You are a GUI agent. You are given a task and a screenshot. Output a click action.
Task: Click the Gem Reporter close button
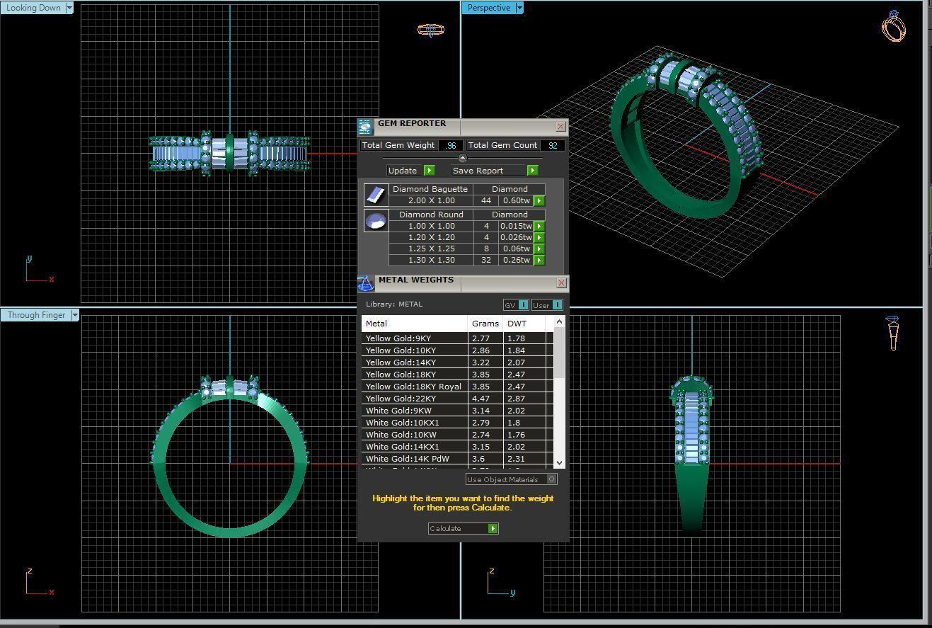[560, 127]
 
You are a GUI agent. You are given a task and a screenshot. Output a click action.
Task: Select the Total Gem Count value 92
[552, 145]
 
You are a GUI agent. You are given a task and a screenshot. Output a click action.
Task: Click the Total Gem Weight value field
[450, 145]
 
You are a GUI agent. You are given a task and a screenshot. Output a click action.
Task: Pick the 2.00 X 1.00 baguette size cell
[431, 201]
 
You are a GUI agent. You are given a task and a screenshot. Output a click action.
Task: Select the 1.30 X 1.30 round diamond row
[431, 261]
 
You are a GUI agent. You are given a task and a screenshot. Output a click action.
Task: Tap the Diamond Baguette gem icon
[376, 195]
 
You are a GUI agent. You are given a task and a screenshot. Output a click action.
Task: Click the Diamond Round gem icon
[376, 221]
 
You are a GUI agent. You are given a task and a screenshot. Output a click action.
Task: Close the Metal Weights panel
[561, 283]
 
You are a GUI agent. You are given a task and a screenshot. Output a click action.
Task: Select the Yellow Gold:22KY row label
[401, 399]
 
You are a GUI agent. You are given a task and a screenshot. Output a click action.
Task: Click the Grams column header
[485, 324]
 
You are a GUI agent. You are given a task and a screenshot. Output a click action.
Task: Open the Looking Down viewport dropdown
[69, 8]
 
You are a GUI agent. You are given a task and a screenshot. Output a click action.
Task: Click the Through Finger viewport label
[36, 315]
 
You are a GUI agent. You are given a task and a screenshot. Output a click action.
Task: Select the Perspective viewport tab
[488, 8]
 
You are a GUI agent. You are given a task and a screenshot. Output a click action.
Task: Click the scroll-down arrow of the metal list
[559, 462]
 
